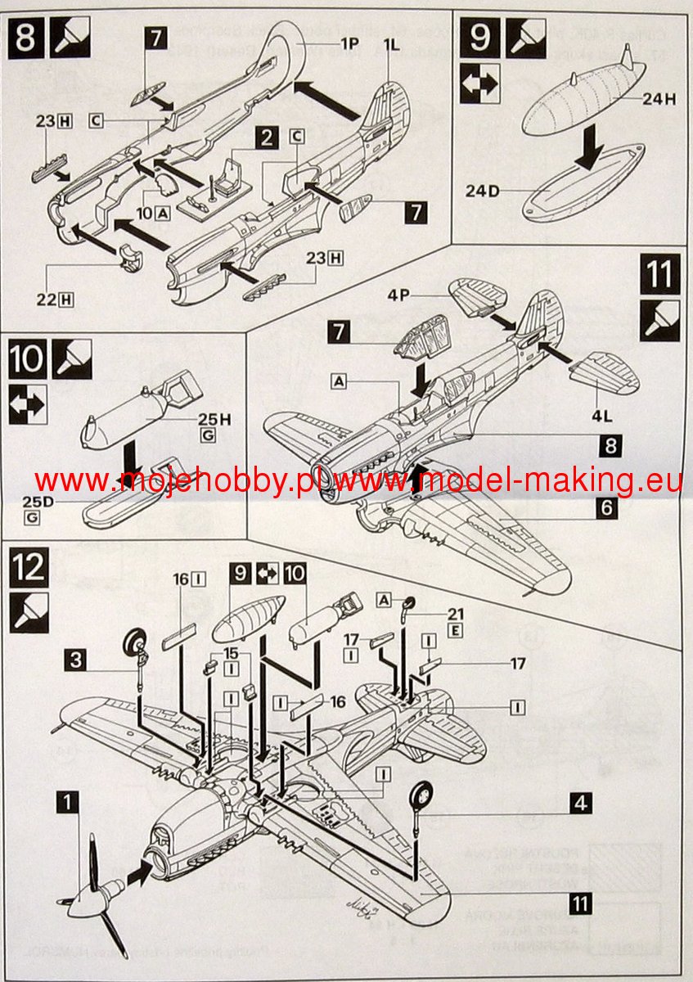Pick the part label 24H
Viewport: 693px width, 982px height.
coord(659,100)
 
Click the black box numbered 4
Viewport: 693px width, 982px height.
coord(580,803)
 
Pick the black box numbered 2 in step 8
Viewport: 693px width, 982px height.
coord(263,137)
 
